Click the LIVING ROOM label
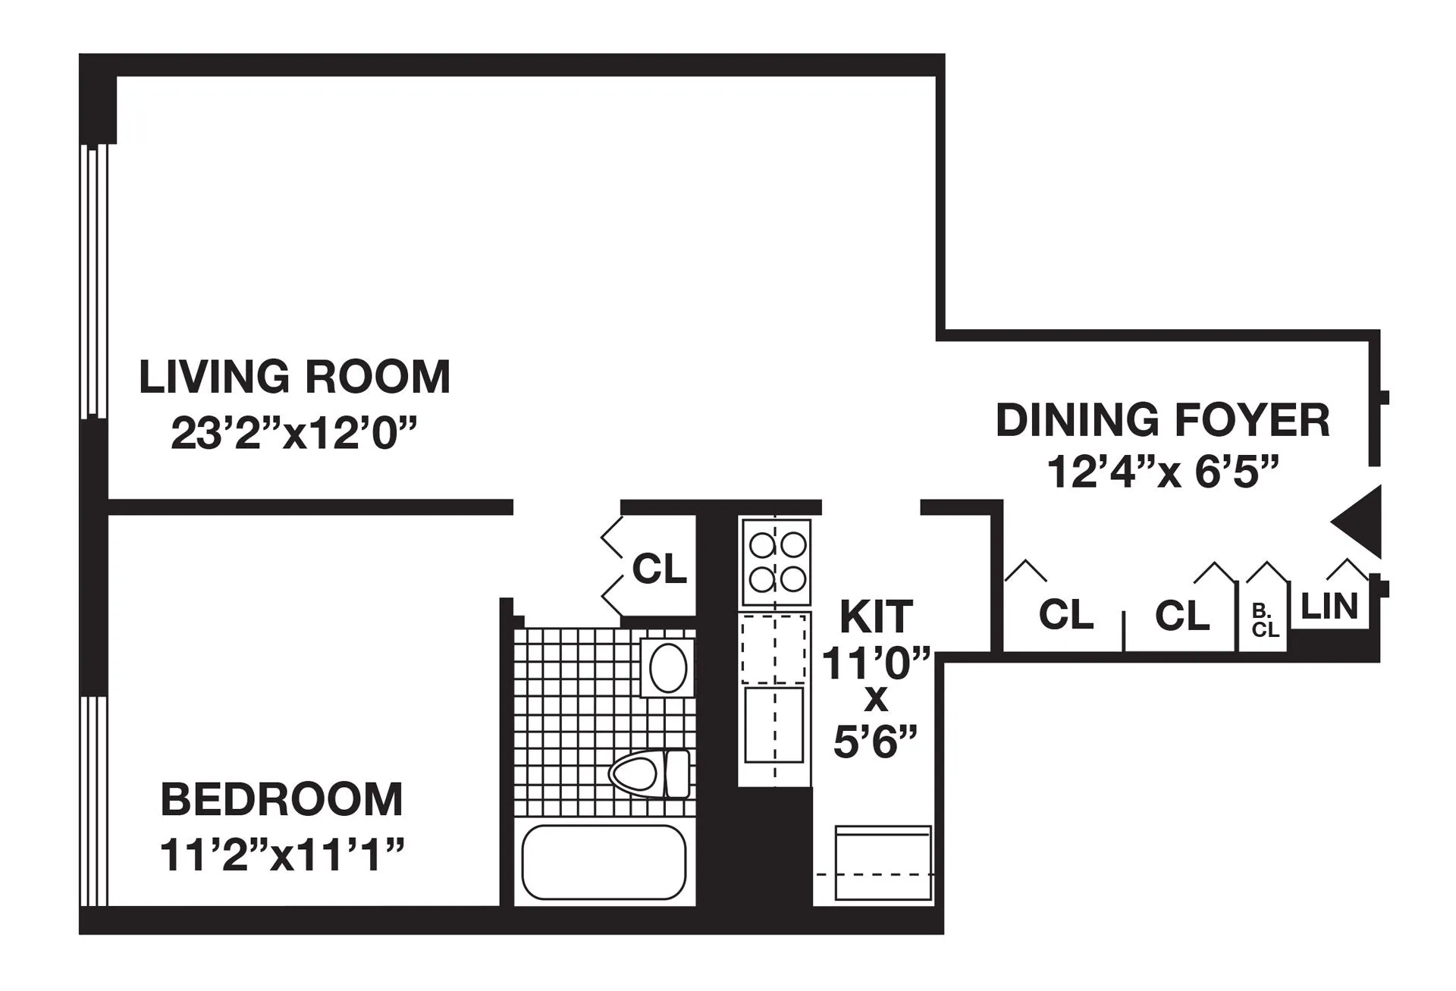pyautogui.click(x=294, y=378)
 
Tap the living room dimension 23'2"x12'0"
pyautogui.click(x=294, y=434)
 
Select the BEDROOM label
pyautogui.click(x=281, y=799)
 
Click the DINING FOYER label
pyautogui.click(x=1162, y=421)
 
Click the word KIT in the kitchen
pyautogui.click(x=876, y=617)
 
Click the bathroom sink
pyautogui.click(x=667, y=668)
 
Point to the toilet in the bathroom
pyautogui.click(x=649, y=774)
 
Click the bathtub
pyautogui.click(x=604, y=863)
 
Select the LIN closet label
pyautogui.click(x=1329, y=607)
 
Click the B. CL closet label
pyautogui.click(x=1264, y=621)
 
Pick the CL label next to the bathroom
pyautogui.click(x=659, y=569)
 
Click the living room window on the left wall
pyautogui.click(x=94, y=281)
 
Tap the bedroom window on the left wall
pyautogui.click(x=94, y=801)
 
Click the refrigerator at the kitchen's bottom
pyautogui.click(x=882, y=864)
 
